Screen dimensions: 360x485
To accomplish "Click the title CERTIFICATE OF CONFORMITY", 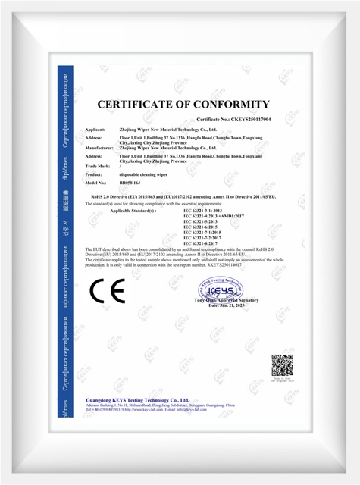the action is pos(183,105).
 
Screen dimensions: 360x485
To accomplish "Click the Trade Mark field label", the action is pos(99,164).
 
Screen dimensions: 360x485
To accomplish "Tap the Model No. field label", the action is pos(99,183).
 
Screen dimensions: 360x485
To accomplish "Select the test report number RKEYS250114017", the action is pos(241,266).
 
